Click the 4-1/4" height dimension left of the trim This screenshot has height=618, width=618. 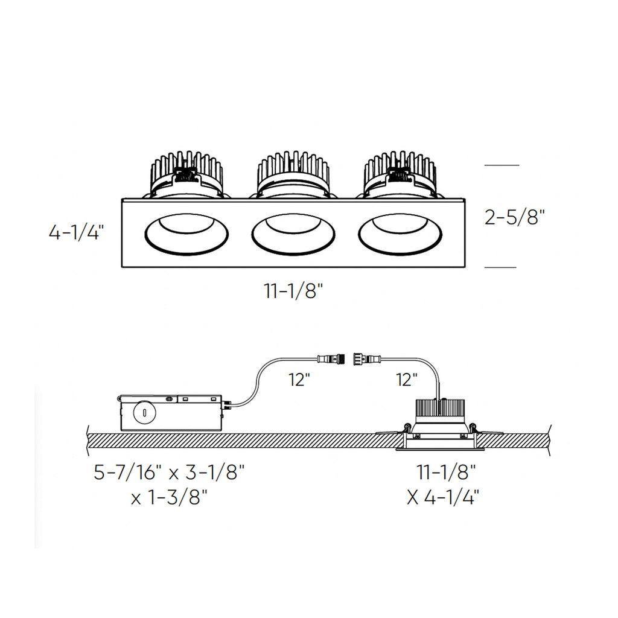(x=76, y=232)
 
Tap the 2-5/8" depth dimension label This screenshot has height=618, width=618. (x=515, y=217)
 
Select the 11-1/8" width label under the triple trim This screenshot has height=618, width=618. (x=294, y=291)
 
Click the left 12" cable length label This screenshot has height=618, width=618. (x=299, y=380)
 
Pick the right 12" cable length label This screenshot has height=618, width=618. (x=406, y=380)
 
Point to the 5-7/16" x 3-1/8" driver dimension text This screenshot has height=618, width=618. (x=169, y=472)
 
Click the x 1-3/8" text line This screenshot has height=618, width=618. (x=169, y=498)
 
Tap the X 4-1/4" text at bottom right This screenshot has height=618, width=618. (x=443, y=498)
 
